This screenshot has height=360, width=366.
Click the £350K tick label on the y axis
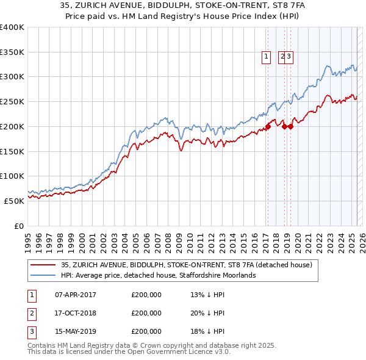(x=12, y=52)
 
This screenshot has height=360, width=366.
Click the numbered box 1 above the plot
(x=267, y=57)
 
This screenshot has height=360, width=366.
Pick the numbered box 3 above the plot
(x=290, y=57)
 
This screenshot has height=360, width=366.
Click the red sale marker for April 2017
(x=267, y=127)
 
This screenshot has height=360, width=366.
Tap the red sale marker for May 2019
(x=290, y=127)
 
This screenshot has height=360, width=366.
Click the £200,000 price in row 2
(x=146, y=313)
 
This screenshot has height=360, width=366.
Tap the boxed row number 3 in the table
(x=31, y=332)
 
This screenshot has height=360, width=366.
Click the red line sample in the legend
(x=42, y=265)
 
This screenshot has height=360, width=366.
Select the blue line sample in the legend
(x=42, y=275)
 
